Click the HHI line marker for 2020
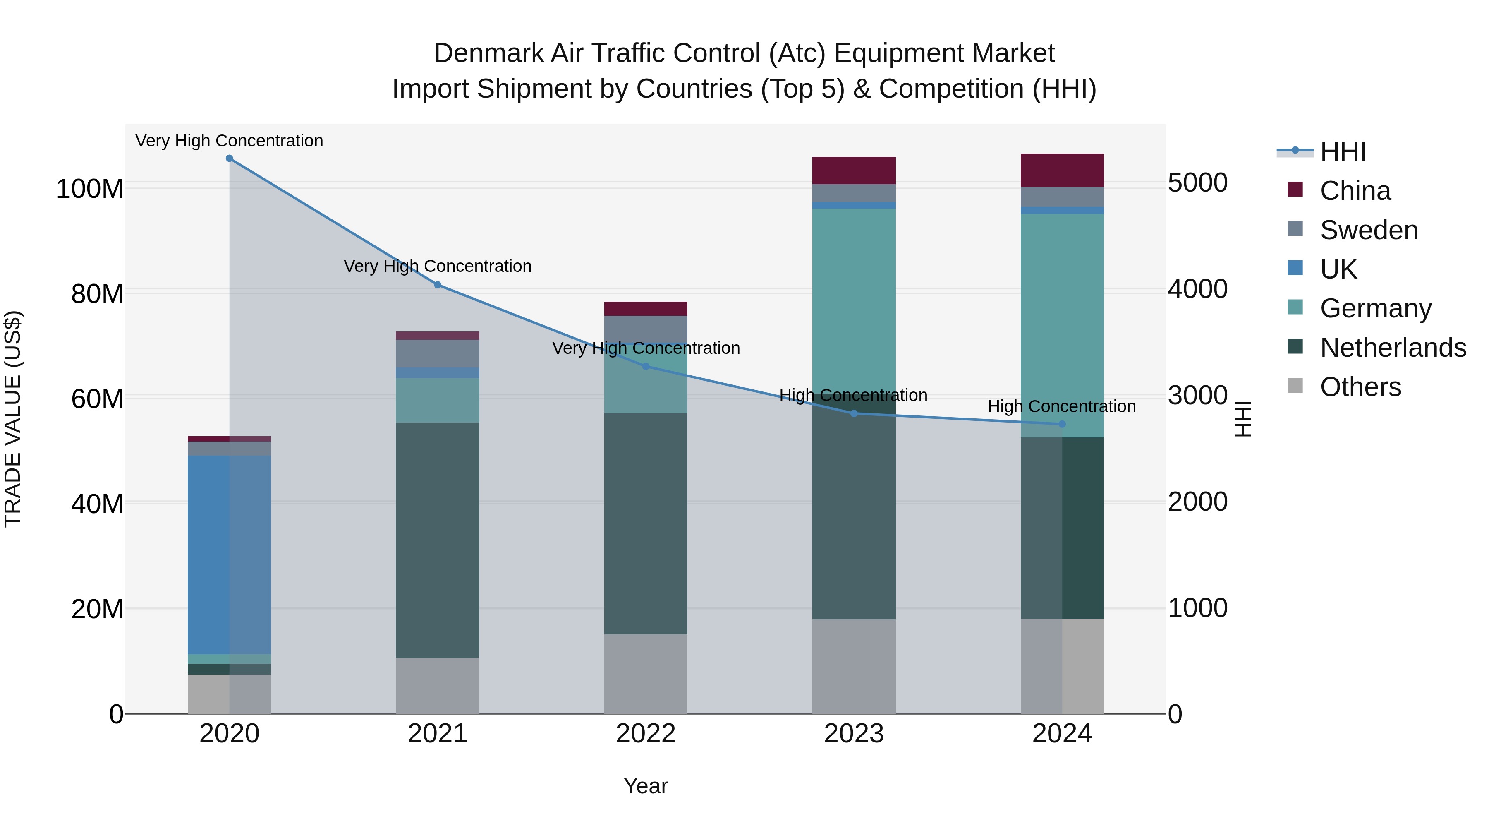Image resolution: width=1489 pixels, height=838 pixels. coord(230,158)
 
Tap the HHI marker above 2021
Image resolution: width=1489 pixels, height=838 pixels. coord(438,285)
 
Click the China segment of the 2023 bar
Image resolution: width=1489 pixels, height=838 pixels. coord(854,170)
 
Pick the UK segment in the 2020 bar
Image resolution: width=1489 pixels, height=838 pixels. coord(230,555)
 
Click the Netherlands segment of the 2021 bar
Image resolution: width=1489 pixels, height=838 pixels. coord(438,541)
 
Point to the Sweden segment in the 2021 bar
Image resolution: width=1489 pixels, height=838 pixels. coord(438,354)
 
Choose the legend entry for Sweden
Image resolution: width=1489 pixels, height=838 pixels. coord(1369,230)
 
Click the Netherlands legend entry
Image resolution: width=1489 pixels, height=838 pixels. coord(1393,348)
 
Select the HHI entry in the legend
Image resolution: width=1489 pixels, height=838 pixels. coord(1343,151)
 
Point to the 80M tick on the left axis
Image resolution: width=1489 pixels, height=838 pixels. coord(97,294)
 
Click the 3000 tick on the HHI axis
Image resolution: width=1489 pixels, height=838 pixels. coord(1198,396)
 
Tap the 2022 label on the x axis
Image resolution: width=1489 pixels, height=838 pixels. coord(646,734)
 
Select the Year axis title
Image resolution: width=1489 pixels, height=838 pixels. coord(646,786)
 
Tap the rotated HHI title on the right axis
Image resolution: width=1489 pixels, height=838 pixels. coord(1243,419)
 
